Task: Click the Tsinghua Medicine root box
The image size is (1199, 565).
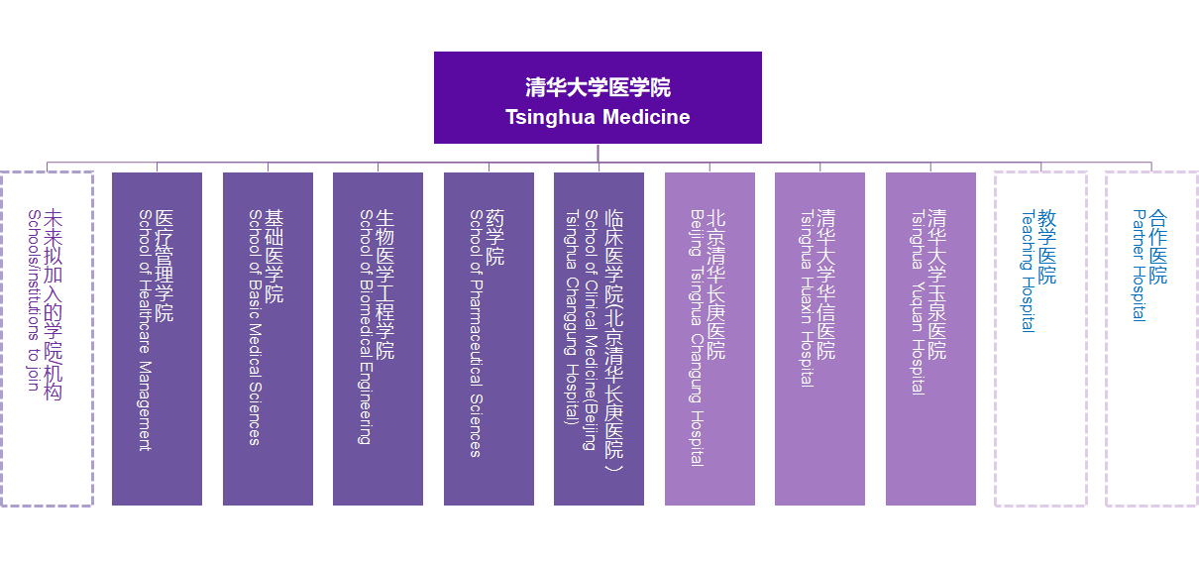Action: click(598, 97)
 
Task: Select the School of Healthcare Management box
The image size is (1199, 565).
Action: click(157, 338)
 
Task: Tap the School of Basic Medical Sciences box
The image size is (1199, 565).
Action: click(268, 338)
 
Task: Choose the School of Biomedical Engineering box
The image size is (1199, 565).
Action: click(378, 338)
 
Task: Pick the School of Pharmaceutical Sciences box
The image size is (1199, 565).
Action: click(489, 338)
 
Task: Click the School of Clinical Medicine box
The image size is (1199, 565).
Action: click(599, 338)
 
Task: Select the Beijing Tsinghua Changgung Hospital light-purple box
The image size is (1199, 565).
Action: click(709, 338)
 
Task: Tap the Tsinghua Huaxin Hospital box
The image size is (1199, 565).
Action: click(820, 338)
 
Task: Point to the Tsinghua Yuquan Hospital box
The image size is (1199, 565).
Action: click(930, 338)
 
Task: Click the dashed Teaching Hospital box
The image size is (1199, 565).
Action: click(996, 338)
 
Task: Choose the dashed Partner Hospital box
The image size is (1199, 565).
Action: click(1107, 338)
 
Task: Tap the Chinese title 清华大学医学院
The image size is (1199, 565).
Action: click(598, 87)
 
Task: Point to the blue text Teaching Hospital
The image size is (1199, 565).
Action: click(1028, 271)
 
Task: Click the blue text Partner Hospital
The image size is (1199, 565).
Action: click(1139, 265)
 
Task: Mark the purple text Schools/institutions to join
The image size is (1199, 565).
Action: click(34, 300)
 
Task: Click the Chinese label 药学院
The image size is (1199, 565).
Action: click(494, 237)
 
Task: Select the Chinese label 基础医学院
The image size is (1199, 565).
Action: click(274, 256)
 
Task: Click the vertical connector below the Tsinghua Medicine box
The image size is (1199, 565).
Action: click(598, 153)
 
